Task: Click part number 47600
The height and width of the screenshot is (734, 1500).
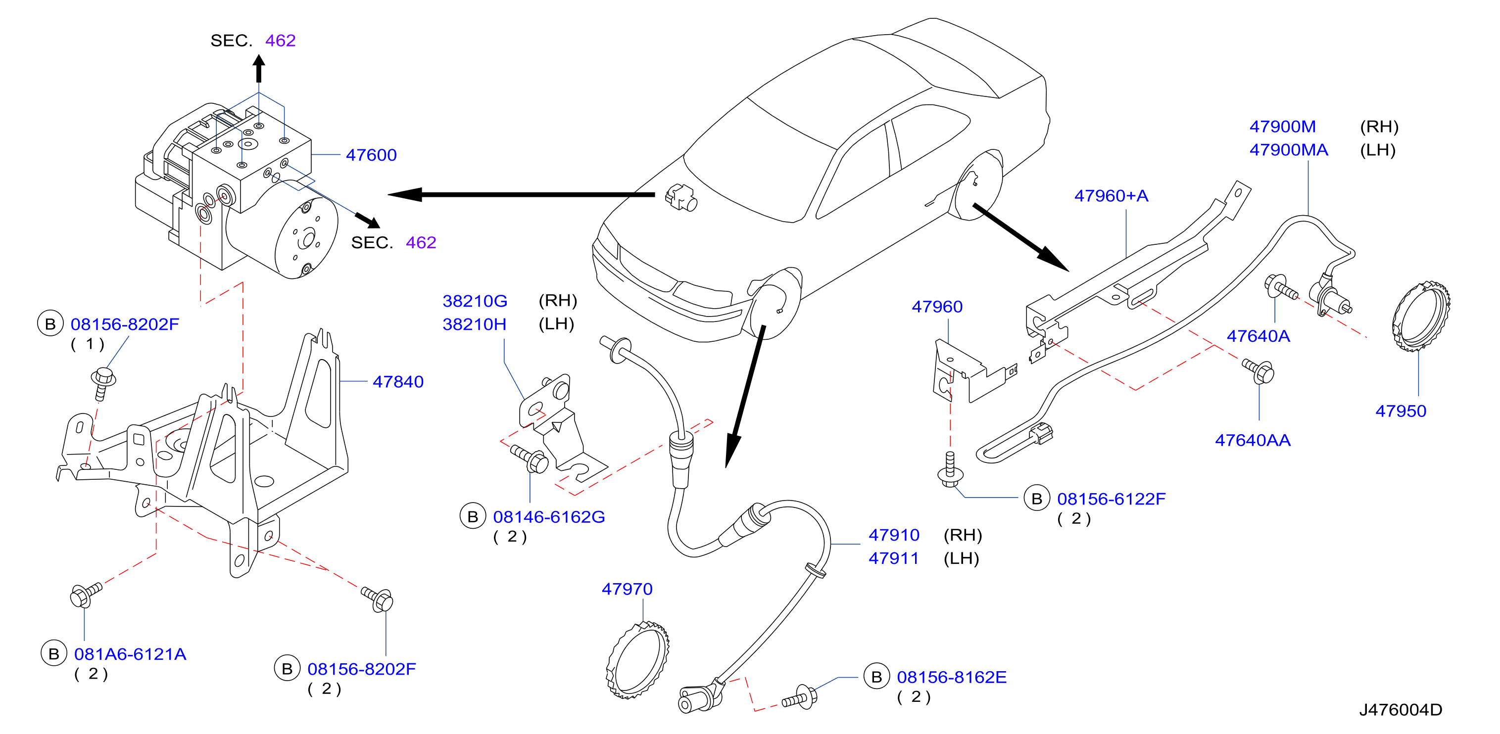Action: pyautogui.click(x=371, y=155)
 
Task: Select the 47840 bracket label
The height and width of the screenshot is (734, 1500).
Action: pyautogui.click(x=398, y=382)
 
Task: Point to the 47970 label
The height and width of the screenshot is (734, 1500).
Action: pyautogui.click(x=627, y=589)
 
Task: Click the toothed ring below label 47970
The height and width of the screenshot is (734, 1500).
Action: pyautogui.click(x=637, y=660)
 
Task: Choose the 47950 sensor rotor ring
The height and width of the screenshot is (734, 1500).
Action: pyautogui.click(x=1421, y=317)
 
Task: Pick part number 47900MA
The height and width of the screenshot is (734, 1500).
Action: pyautogui.click(x=1289, y=150)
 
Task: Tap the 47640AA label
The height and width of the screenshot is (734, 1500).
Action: pyautogui.click(x=1253, y=441)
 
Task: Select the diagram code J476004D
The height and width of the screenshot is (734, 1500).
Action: pyautogui.click(x=1401, y=710)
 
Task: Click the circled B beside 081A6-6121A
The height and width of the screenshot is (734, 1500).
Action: pyautogui.click(x=53, y=654)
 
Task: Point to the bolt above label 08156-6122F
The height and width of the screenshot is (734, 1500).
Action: pyautogui.click(x=950, y=470)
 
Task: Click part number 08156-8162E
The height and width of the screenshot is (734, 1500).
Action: pyautogui.click(x=952, y=678)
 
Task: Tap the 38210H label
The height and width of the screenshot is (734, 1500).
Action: pyautogui.click(x=474, y=324)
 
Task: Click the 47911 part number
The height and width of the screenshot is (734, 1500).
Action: pyautogui.click(x=893, y=559)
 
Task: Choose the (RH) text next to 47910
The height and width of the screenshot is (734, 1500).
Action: pyautogui.click(x=963, y=535)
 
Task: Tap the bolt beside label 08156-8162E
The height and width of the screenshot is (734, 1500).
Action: pyautogui.click(x=800, y=697)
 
